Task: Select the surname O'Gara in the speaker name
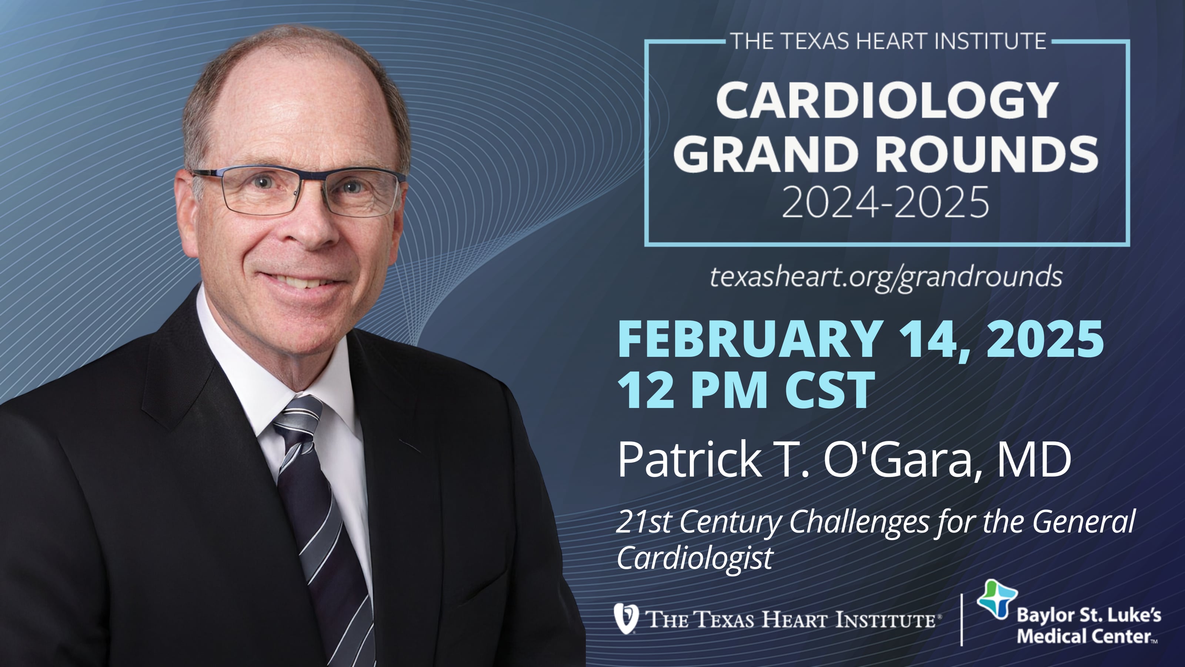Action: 899,459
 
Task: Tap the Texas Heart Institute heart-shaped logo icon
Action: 626,618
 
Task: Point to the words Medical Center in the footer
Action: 1086,637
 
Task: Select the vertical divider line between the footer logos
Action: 961,619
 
